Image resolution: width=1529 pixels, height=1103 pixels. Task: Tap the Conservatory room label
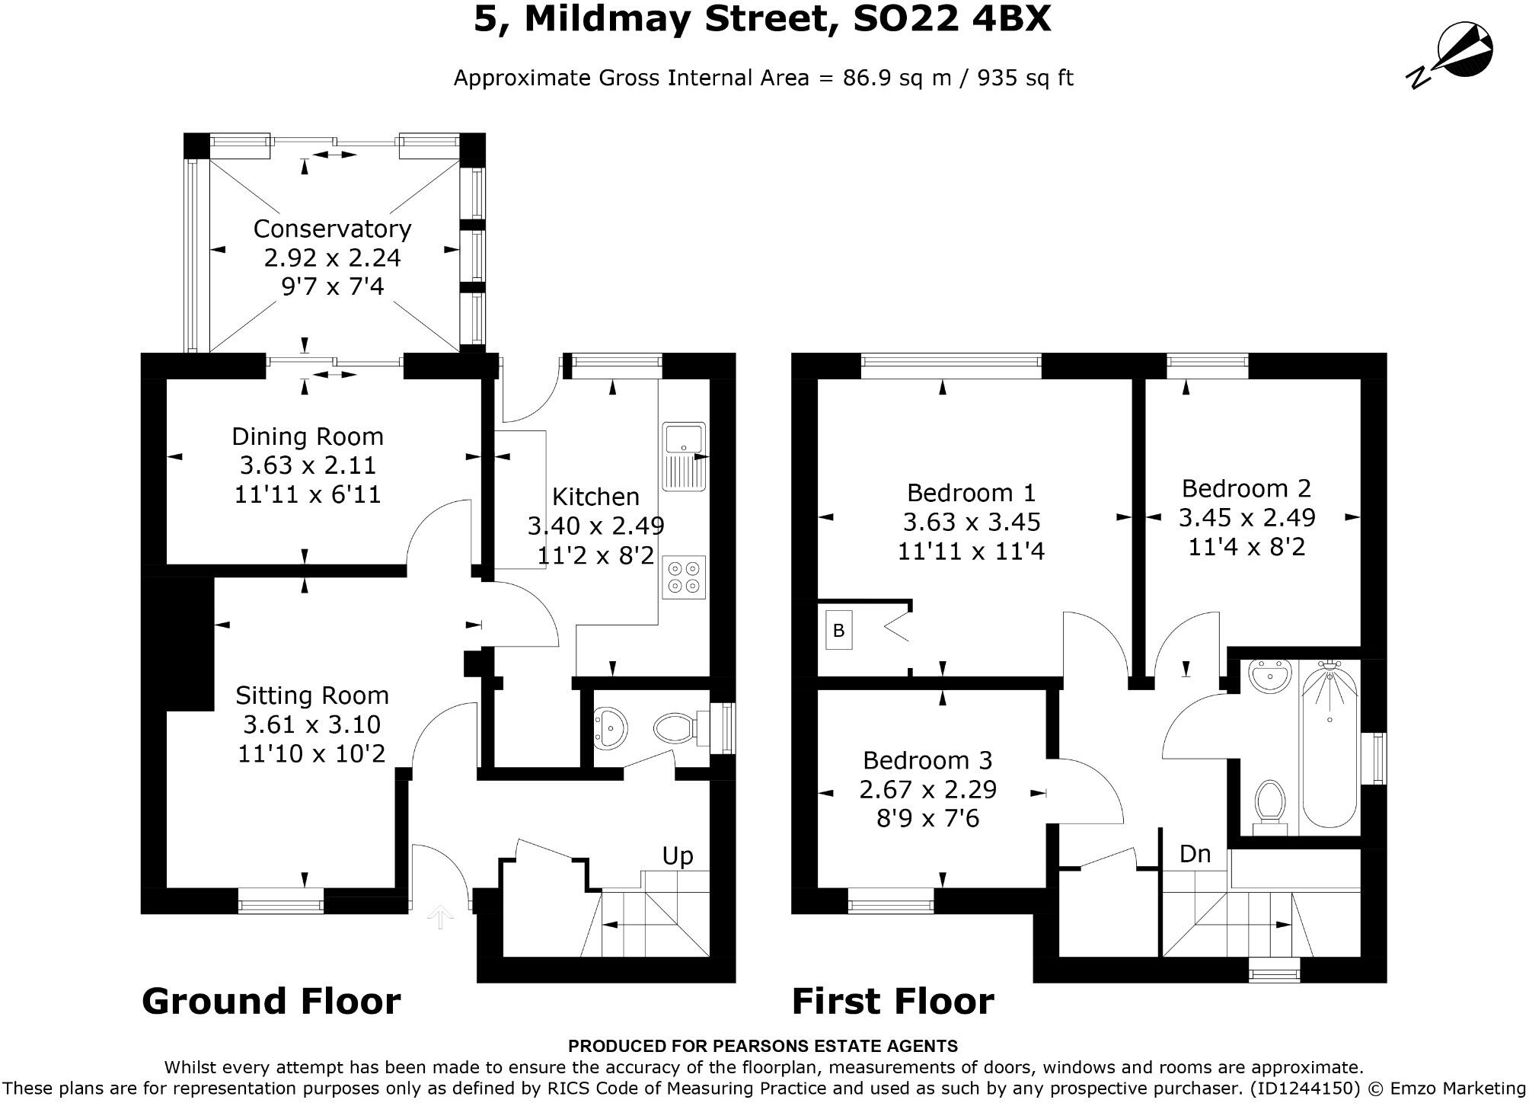(332, 229)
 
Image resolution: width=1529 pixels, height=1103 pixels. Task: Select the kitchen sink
(685, 456)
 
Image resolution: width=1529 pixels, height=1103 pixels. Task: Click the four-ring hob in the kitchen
(683, 577)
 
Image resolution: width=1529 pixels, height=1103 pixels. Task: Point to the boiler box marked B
(838, 631)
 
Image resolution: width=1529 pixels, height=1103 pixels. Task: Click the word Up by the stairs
(677, 855)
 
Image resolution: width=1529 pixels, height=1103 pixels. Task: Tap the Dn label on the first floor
(1195, 854)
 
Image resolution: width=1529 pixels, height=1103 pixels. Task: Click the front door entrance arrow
(439, 917)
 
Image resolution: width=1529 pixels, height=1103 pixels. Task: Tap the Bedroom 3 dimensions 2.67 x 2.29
(927, 789)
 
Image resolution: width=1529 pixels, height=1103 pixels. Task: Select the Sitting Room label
(311, 695)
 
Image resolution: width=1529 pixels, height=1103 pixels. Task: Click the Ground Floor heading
(271, 1001)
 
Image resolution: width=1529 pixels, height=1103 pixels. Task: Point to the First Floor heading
(892, 1001)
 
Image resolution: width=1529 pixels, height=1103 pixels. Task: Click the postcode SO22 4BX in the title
(952, 18)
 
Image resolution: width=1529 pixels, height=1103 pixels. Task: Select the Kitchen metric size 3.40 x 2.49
(595, 526)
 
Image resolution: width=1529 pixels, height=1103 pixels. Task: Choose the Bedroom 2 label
(1246, 488)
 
